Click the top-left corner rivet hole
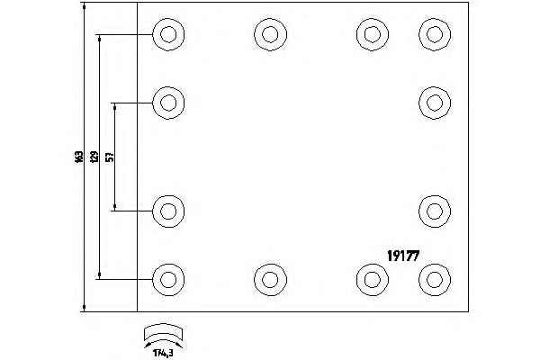[x=167, y=34]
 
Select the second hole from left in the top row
[x=269, y=34]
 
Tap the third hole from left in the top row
[x=372, y=34]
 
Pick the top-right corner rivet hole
[x=434, y=34]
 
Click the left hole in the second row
[x=167, y=102]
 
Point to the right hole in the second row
[x=434, y=102]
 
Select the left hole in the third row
[x=167, y=211]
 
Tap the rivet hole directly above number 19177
[x=434, y=211]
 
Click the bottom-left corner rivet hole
[x=167, y=278]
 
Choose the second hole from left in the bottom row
[x=269, y=278]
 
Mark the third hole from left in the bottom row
[x=372, y=278]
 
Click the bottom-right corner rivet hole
[x=434, y=278]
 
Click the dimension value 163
[x=79, y=157]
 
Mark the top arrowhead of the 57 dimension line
[x=115, y=106]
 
